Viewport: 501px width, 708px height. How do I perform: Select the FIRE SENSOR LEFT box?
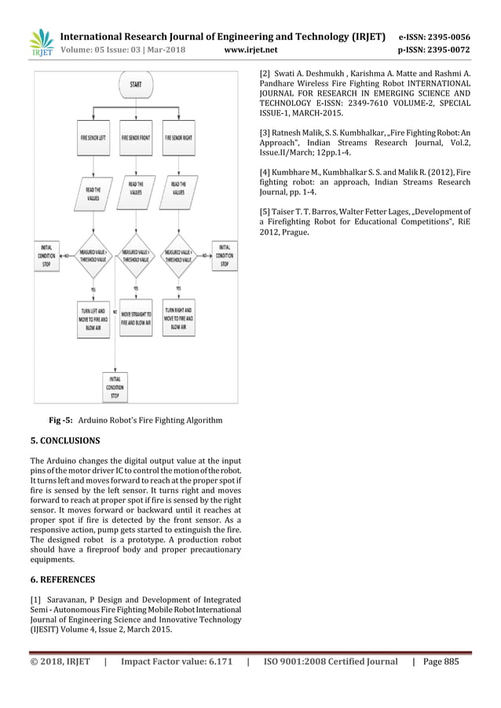pyautogui.click(x=94, y=137)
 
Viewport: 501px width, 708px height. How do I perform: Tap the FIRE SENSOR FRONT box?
pyautogui.click(x=135, y=137)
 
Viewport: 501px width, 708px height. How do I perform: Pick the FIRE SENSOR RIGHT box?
pyautogui.click(x=178, y=137)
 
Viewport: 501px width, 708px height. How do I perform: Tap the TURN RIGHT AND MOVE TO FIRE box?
pyautogui.click(x=178, y=314)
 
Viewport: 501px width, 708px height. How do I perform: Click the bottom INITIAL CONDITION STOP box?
pyautogui.click(x=115, y=385)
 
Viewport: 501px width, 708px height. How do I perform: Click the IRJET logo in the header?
pyautogui.click(x=41, y=44)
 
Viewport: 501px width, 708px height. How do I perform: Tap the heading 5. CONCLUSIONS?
pyautogui.click(x=64, y=440)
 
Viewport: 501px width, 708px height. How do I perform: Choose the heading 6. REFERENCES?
pyautogui.click(x=62, y=579)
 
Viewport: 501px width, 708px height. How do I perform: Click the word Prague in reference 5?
pyautogui.click(x=294, y=232)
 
